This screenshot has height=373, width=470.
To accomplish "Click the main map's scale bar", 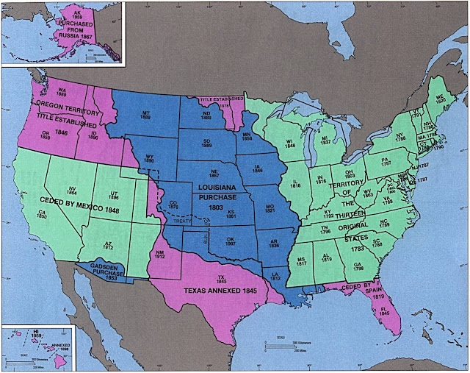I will [x=283, y=347].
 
